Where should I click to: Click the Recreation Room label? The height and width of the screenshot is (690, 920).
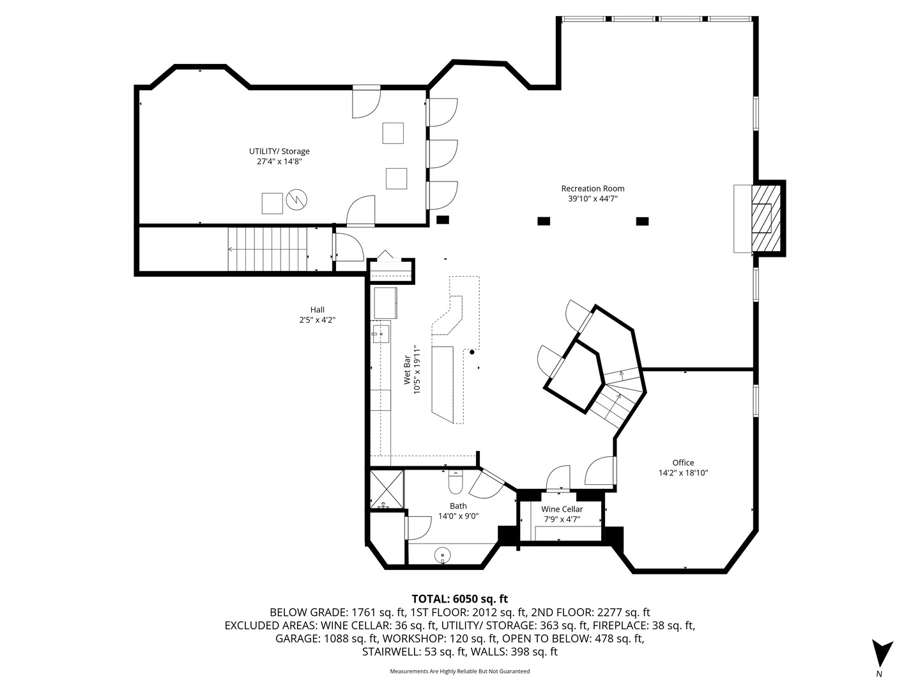coord(592,188)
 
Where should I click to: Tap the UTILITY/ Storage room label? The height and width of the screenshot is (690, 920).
coord(279,151)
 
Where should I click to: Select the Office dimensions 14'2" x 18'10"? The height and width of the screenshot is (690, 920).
coord(683,473)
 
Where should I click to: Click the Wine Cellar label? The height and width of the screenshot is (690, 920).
coord(562,509)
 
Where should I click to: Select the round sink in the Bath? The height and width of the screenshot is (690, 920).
coord(443,555)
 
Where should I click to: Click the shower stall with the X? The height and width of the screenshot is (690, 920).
coord(387,489)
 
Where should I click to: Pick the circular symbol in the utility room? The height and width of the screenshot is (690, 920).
coord(296,200)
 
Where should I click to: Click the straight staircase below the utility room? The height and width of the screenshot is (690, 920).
coord(268,250)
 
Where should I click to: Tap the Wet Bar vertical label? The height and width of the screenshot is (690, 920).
coord(411,370)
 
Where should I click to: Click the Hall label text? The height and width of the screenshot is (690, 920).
coord(318,310)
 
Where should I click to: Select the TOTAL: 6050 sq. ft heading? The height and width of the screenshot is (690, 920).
coord(459,599)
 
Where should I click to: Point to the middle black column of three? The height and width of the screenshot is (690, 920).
coord(543,221)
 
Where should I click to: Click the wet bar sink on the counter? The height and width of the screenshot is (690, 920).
coord(380,332)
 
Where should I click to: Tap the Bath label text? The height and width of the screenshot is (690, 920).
coord(458,506)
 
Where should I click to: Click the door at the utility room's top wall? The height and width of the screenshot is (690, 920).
coord(366,102)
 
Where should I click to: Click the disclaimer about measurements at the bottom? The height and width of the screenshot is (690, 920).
coord(459,671)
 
